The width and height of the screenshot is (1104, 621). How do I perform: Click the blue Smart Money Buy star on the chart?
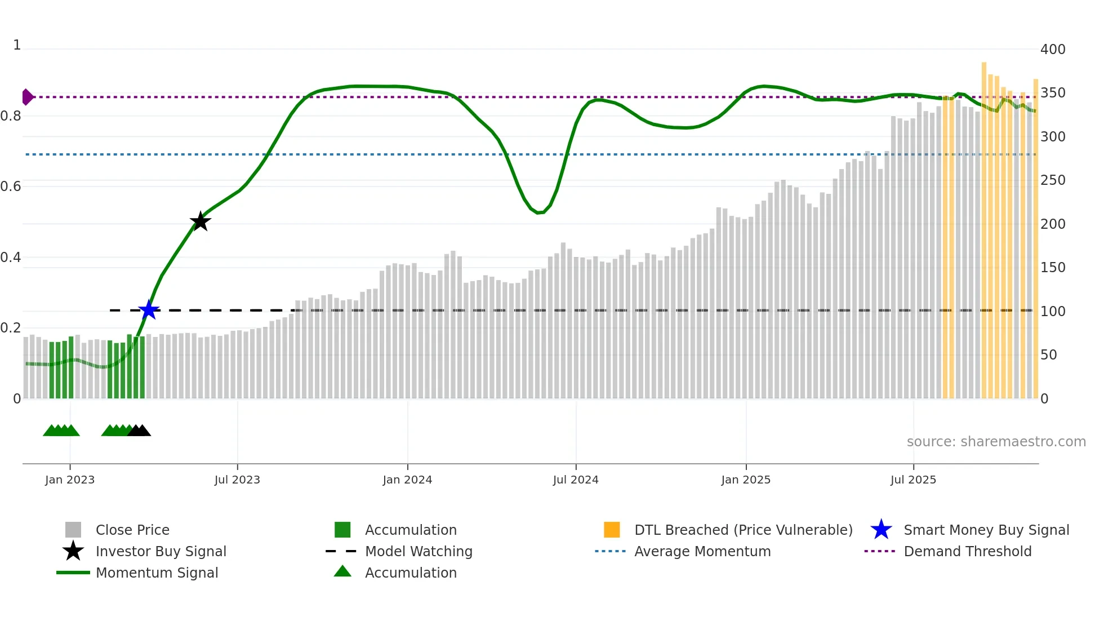click(x=149, y=310)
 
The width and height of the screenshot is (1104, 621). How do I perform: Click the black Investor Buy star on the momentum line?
click(x=200, y=221)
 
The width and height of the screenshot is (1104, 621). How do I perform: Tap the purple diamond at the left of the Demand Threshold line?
click(x=27, y=97)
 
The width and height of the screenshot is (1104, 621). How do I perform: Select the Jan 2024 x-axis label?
click(x=407, y=480)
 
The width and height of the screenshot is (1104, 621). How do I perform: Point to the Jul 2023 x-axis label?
click(x=237, y=480)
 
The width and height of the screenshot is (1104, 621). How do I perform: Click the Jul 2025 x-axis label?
click(x=913, y=480)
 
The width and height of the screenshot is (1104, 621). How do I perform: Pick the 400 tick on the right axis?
click(x=1053, y=50)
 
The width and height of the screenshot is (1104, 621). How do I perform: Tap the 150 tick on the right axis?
click(x=1053, y=268)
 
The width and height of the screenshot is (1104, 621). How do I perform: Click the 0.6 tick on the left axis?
click(x=11, y=187)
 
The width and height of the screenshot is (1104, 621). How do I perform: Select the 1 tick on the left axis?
click(x=17, y=45)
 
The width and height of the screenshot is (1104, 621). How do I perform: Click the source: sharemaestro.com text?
click(x=996, y=442)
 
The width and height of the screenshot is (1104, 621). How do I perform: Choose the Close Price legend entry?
click(x=132, y=530)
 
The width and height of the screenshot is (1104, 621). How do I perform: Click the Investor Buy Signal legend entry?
click(x=161, y=551)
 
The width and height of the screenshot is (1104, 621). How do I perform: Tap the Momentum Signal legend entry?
click(x=157, y=573)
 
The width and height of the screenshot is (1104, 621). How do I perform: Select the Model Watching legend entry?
click(x=419, y=551)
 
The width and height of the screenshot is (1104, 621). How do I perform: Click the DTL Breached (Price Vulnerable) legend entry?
click(x=743, y=530)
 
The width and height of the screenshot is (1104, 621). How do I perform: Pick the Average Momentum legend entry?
click(x=702, y=551)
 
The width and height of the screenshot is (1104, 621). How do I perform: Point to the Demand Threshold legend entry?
click(x=967, y=551)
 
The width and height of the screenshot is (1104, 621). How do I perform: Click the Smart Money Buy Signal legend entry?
click(x=986, y=530)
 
